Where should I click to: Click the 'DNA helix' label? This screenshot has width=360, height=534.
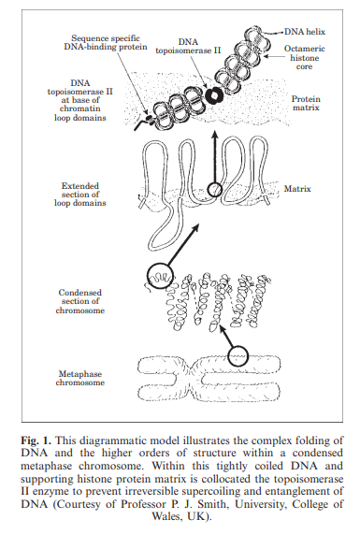(x=305, y=32)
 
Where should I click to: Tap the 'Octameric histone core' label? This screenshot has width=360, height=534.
(x=305, y=58)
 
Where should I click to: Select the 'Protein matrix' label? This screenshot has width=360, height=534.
(x=306, y=103)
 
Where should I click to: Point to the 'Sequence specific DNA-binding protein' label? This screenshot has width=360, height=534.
(x=106, y=43)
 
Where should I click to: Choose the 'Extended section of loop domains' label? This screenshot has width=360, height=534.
(x=80, y=195)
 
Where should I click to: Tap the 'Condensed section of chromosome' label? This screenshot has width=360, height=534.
(x=80, y=301)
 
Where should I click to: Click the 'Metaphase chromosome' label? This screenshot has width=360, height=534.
(x=80, y=378)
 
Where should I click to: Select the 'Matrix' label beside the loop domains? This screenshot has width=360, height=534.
(x=297, y=189)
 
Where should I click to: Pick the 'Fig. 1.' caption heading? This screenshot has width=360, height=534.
(x=36, y=440)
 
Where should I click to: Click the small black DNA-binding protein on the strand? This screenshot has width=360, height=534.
(x=149, y=119)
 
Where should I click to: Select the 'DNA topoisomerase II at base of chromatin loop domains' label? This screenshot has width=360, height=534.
(x=80, y=100)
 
